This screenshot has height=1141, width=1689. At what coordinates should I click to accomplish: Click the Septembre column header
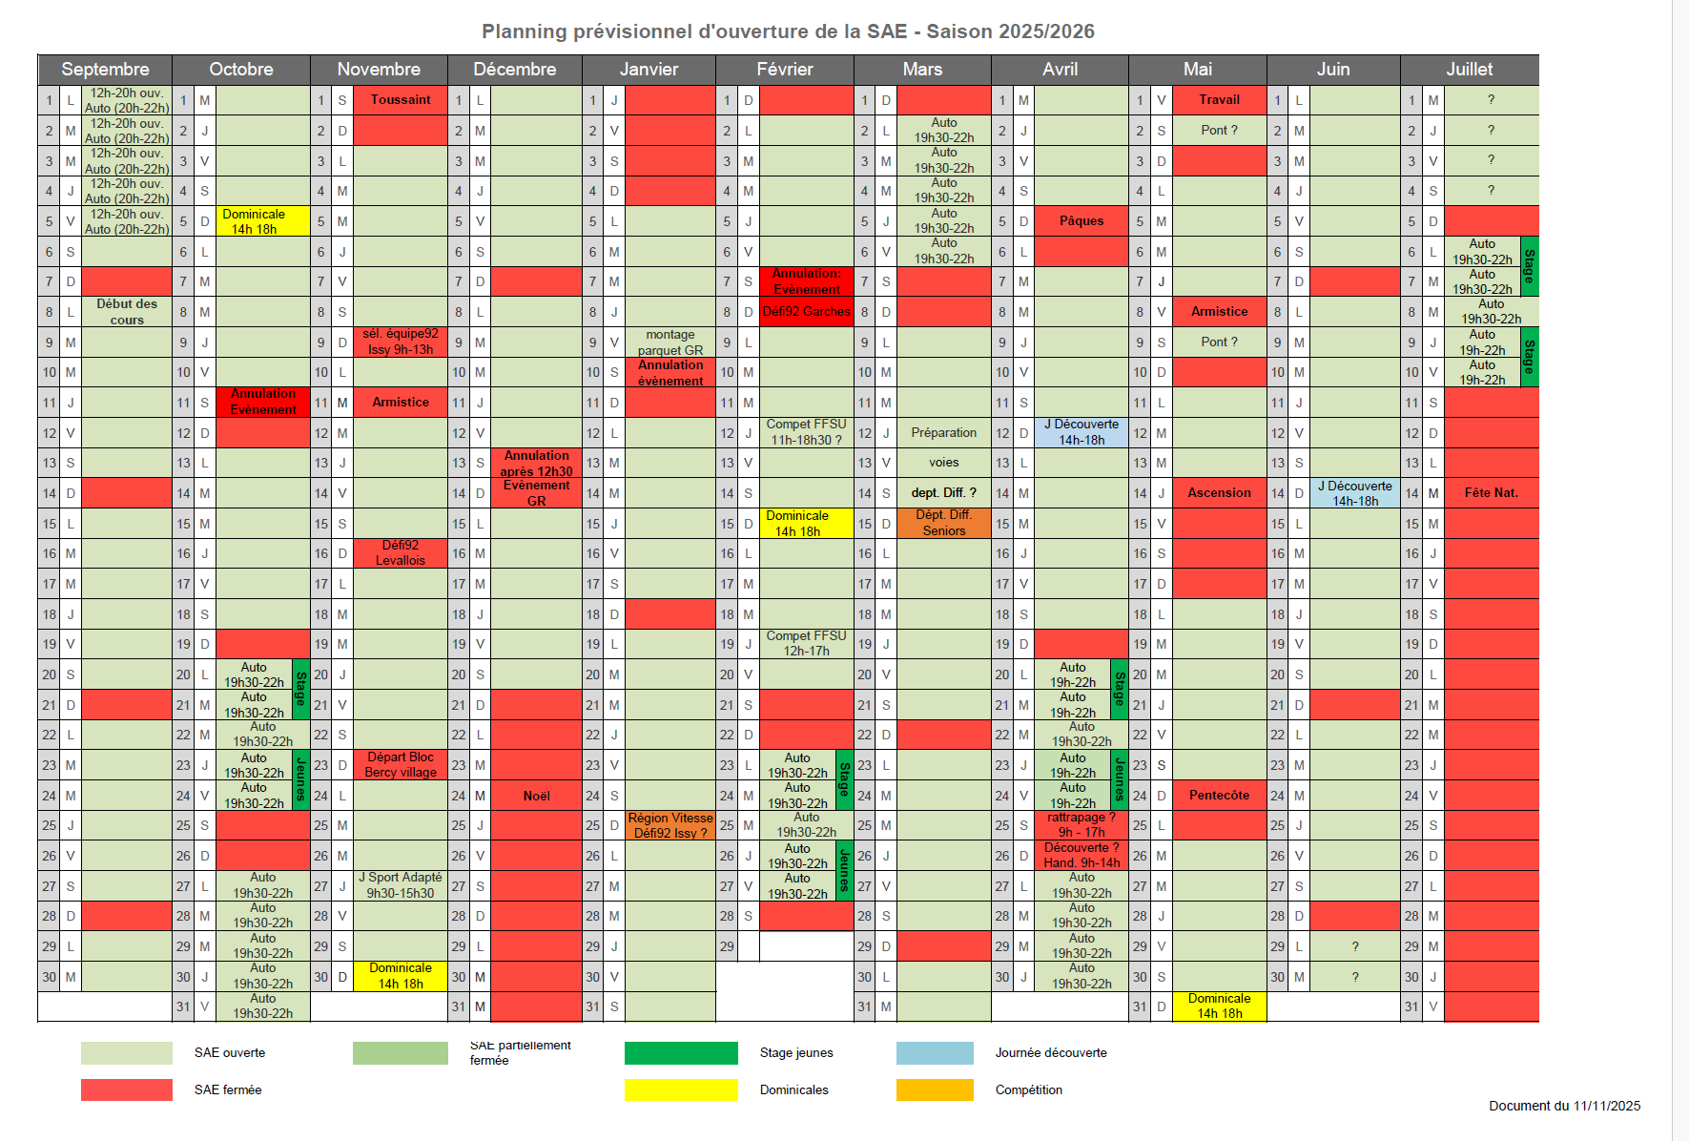pos(105,70)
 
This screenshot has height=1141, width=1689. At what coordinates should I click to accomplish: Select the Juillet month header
pos(1469,70)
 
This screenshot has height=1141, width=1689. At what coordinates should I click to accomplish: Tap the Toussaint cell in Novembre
pos(401,100)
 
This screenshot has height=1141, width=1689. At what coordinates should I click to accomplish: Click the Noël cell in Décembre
pos(536,796)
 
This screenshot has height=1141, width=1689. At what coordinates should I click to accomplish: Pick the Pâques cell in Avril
pos(1081,221)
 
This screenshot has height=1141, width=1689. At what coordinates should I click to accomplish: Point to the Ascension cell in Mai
pos(1219,493)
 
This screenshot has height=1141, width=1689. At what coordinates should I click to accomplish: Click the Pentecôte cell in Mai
pos(1219,796)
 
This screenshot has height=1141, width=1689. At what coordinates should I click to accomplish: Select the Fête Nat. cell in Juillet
pos(1491,493)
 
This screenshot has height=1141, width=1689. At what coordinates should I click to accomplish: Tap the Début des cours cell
pos(127,312)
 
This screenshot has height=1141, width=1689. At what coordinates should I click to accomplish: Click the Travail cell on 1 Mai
pos(1219,100)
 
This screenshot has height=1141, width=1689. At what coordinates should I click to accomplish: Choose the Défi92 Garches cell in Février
pos(806,312)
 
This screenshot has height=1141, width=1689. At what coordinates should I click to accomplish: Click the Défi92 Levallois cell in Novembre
pos(401,553)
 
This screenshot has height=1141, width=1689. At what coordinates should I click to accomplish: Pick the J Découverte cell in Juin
pos(1354,493)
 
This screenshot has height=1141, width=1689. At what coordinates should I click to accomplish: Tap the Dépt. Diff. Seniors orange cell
pos(943,523)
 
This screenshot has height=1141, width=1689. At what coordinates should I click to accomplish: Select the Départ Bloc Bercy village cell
pos(401,765)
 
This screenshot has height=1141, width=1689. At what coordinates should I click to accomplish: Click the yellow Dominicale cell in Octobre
pos(254,221)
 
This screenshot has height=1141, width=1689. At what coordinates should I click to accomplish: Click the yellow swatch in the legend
pos(681,1089)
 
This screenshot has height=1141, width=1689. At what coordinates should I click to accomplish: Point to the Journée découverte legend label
pos(1051,1053)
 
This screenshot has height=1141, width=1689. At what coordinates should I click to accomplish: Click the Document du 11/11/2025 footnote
pos(1564,1107)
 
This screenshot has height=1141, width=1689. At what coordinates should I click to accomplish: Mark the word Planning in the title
pos(524,31)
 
